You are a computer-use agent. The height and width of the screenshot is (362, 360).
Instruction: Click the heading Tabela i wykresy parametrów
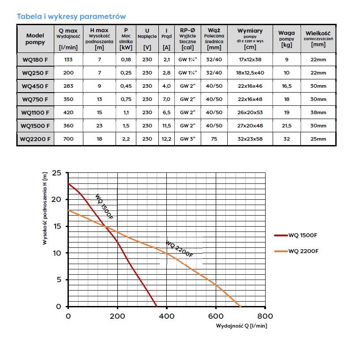point(71,16)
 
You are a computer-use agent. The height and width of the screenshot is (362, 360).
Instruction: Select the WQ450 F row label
point(35,86)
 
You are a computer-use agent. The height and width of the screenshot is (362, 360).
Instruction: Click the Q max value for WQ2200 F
point(68,139)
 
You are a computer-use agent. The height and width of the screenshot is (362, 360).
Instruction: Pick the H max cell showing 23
point(100,126)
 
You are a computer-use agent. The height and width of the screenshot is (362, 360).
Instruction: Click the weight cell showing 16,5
point(286,86)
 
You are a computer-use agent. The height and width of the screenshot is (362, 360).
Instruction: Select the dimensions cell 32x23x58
point(250,139)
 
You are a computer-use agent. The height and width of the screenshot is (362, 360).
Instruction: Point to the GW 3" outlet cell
point(187,139)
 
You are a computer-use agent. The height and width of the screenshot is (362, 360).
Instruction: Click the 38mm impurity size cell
point(318,112)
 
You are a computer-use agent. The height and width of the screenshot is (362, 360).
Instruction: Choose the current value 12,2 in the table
point(166,139)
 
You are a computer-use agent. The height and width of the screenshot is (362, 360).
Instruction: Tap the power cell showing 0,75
point(126,99)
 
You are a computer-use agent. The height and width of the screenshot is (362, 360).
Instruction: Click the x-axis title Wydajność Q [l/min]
point(241,326)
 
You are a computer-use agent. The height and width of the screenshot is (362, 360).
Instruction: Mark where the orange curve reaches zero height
point(240,306)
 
